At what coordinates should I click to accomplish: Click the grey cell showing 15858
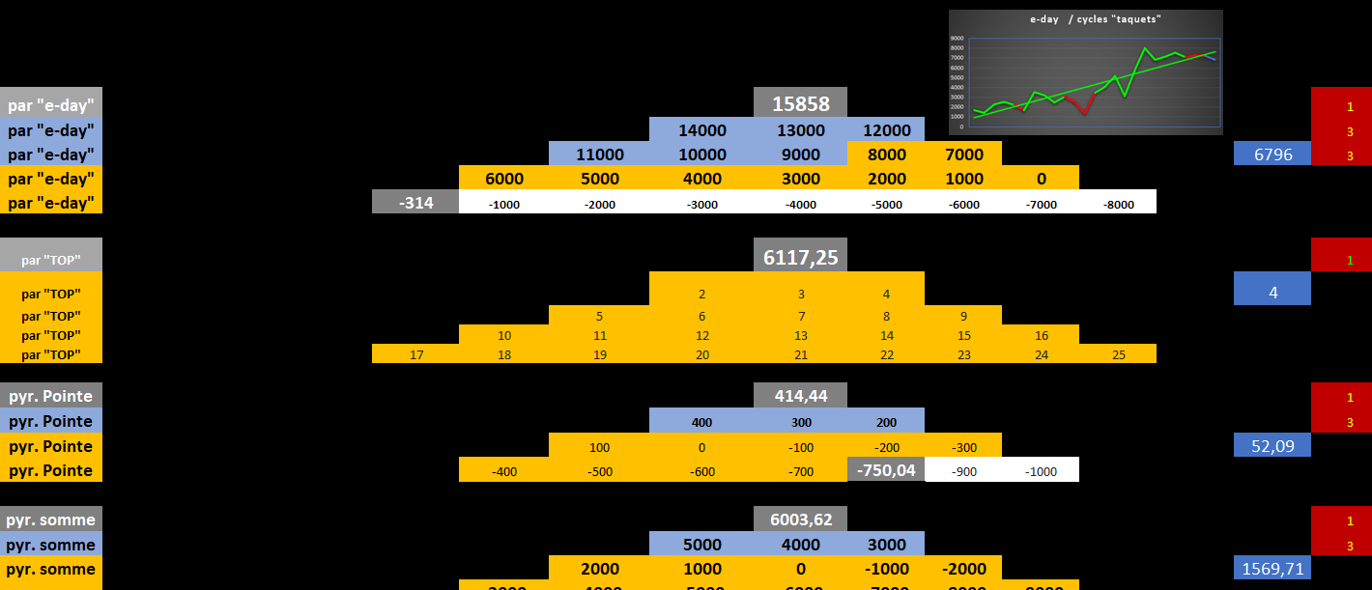click(800, 102)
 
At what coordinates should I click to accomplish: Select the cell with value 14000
click(701, 130)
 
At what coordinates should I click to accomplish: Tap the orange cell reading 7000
click(963, 155)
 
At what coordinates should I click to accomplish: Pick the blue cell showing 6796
click(1272, 155)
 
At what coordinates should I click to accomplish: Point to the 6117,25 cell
click(800, 256)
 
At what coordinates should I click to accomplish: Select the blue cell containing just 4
click(1272, 291)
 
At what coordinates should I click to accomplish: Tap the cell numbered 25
click(1118, 354)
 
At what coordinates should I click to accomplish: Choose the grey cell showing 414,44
click(800, 396)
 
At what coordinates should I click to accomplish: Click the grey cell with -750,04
click(886, 470)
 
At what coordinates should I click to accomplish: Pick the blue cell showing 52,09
click(1272, 445)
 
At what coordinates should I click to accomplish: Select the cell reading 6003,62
click(800, 519)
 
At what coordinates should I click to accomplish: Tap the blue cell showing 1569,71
click(1272, 569)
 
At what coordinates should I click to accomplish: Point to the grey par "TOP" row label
click(51, 260)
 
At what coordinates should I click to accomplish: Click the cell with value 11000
click(599, 155)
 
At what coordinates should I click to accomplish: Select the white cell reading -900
click(963, 471)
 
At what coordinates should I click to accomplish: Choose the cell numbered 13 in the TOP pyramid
click(800, 335)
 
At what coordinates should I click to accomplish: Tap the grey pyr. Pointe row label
click(51, 396)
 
